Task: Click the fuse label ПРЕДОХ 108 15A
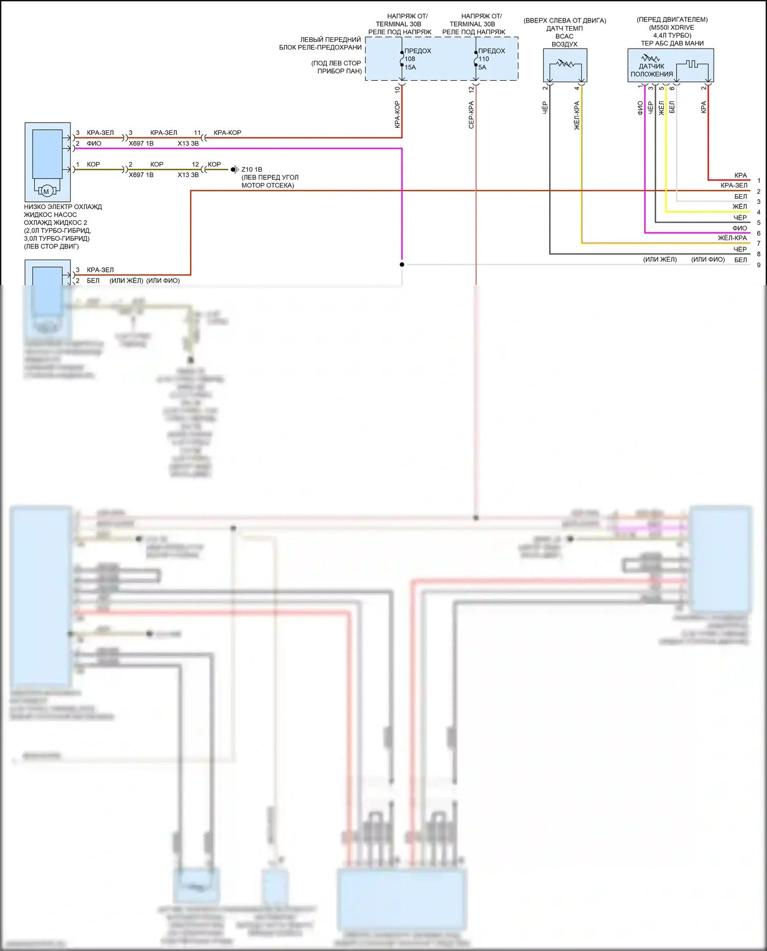(417, 59)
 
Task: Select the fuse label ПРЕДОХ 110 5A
(491, 59)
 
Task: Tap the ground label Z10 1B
(252, 169)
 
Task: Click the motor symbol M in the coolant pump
(46, 192)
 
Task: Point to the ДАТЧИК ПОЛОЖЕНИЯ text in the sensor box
(651, 70)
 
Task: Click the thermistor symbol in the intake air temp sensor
(565, 65)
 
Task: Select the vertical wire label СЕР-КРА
(471, 114)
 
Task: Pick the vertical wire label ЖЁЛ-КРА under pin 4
(577, 115)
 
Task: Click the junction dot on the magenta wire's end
(402, 264)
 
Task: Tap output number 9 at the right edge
(759, 265)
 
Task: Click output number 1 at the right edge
(759, 180)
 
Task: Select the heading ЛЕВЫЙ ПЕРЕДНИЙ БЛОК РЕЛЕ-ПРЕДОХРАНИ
(321, 43)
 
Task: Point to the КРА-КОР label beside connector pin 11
(227, 132)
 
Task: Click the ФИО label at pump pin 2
(94, 144)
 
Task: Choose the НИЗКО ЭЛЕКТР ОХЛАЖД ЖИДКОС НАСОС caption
(62, 211)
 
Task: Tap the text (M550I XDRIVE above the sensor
(672, 28)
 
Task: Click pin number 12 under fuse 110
(471, 89)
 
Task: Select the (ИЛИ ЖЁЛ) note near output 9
(660, 260)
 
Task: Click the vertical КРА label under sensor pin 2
(704, 107)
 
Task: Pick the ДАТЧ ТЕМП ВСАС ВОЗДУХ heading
(565, 36)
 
